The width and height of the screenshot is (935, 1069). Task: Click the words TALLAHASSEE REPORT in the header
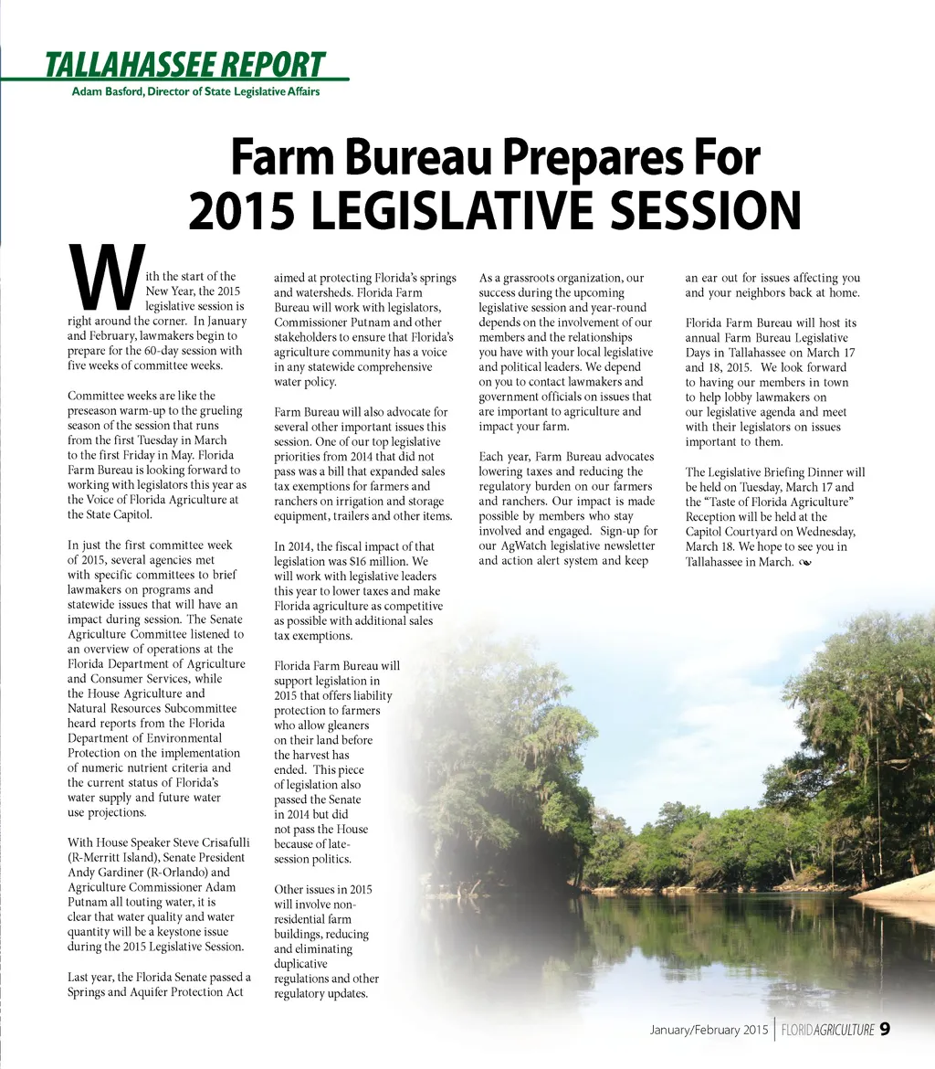184,65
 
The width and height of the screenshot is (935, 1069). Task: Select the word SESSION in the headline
705,211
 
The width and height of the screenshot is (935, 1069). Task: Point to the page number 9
886,1030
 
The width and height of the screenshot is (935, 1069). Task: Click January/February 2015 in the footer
709,1031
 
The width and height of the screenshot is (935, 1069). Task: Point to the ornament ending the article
804,562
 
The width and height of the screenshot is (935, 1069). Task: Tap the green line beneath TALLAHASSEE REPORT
173,80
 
